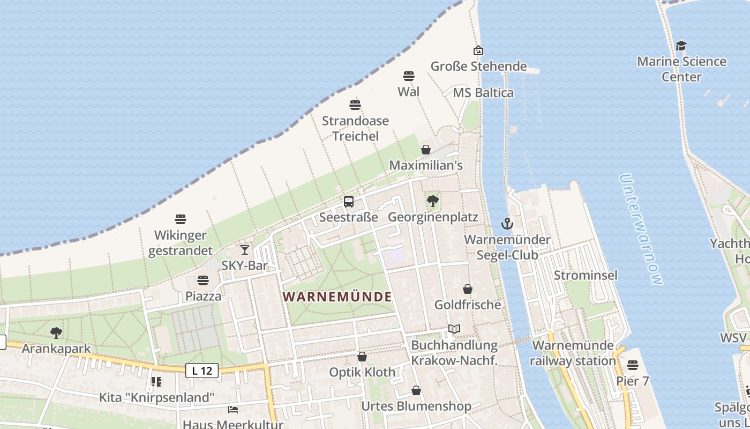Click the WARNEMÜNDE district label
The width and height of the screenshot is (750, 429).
click(x=337, y=297)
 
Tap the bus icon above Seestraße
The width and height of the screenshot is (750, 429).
click(x=349, y=202)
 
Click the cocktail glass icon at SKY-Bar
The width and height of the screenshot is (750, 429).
click(x=245, y=249)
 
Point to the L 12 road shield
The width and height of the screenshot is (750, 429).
click(x=202, y=370)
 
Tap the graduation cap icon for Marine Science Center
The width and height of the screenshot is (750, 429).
click(x=681, y=46)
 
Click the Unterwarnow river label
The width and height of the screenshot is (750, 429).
click(x=640, y=229)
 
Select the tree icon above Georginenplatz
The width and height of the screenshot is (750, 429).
click(x=433, y=202)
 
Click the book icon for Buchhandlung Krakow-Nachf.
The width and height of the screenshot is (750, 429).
click(x=454, y=329)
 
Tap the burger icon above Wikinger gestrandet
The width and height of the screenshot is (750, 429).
click(x=181, y=219)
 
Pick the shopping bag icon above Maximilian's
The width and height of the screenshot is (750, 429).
click(x=426, y=150)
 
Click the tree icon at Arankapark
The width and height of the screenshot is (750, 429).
click(x=56, y=333)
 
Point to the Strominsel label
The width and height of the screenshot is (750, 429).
click(x=586, y=275)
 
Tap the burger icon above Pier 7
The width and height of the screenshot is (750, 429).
click(x=633, y=365)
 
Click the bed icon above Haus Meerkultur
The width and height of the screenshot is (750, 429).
click(x=233, y=409)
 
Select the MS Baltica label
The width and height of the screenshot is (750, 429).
click(x=483, y=93)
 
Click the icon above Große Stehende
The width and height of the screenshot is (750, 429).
click(x=478, y=50)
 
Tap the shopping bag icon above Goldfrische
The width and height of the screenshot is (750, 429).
click(x=468, y=289)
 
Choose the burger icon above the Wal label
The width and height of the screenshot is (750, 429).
click(x=409, y=76)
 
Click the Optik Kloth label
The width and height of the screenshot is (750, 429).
click(x=362, y=372)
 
